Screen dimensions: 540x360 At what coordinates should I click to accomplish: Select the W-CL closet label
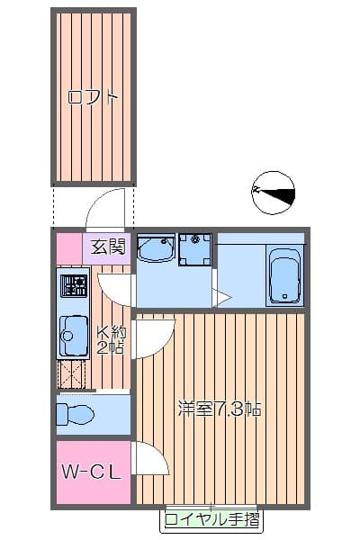(91, 472)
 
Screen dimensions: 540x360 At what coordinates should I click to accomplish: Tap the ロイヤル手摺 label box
(212, 520)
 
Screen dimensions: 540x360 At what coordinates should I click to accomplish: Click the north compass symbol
(274, 192)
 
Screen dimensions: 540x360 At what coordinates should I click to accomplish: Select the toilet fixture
(75, 415)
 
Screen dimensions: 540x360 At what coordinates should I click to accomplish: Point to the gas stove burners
(73, 287)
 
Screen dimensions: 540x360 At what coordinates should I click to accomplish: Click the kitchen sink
(72, 337)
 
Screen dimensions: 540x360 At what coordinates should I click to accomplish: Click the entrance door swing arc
(109, 210)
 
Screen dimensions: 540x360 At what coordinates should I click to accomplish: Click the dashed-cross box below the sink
(72, 373)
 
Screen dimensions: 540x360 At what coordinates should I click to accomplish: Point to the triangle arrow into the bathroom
(220, 297)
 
